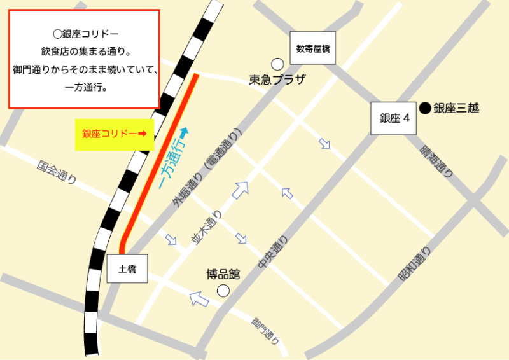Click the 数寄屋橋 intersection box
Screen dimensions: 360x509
click(312, 48)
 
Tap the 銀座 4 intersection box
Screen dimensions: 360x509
click(394, 118)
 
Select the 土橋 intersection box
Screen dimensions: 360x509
click(127, 269)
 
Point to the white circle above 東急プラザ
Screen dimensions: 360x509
click(277, 64)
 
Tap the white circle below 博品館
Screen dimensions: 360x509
click(223, 291)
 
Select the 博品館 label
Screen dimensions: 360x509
click(223, 275)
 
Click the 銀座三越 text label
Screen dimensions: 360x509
click(456, 108)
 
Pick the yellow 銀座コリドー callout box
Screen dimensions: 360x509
click(115, 134)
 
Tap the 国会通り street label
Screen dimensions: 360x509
click(57, 171)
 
